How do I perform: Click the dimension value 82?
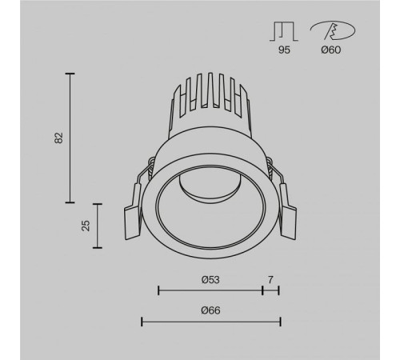click(x=58, y=138)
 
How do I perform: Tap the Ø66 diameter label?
click(x=210, y=310)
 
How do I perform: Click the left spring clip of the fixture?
click(x=133, y=217)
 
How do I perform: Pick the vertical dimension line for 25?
click(x=98, y=226)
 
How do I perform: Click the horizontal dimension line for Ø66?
click(x=210, y=322)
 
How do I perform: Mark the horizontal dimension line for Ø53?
click(x=210, y=290)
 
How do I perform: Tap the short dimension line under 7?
click(x=270, y=290)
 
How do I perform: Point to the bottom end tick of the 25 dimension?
click(x=98, y=249)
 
